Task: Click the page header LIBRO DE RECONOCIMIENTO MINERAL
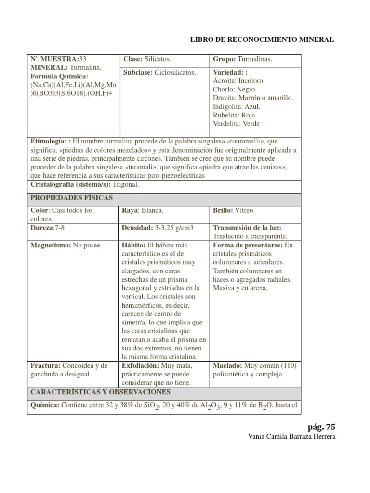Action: (263, 39)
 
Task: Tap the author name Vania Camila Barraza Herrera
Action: (290, 437)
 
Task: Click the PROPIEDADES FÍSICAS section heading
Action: (72, 198)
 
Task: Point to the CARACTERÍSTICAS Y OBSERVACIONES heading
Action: (100, 392)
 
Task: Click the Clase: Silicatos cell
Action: (147, 59)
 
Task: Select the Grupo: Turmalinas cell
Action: (242, 59)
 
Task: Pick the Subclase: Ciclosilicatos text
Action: (159, 72)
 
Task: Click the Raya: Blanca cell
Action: (143, 210)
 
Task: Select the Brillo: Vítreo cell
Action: (234, 210)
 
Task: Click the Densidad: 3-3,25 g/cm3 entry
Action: (158, 227)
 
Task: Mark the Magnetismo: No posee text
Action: (66, 245)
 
